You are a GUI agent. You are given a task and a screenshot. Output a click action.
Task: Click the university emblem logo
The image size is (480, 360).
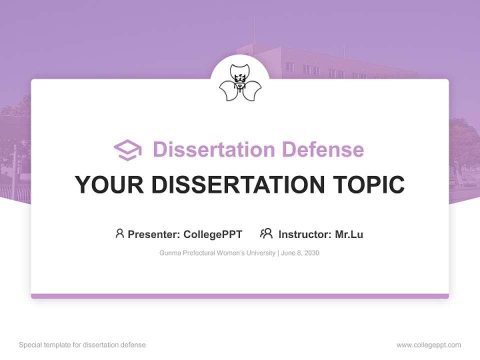240,83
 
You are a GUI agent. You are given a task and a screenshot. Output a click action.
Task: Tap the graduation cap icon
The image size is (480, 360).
127,150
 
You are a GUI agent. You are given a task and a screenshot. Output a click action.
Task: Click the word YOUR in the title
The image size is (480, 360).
108,185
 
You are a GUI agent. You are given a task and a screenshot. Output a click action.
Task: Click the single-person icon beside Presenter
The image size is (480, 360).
119,233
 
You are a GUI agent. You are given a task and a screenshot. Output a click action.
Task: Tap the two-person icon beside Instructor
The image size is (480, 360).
266,233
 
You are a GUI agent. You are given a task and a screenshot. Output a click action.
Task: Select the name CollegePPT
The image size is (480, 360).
213,234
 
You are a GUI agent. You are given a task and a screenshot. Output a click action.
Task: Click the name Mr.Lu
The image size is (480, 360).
349,234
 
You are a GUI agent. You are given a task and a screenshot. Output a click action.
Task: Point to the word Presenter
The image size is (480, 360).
154,234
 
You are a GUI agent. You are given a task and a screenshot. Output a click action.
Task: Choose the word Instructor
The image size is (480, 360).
304,234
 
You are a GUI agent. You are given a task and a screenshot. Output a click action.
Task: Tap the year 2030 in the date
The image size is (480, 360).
310,253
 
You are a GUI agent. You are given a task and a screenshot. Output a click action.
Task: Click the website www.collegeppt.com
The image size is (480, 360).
428,345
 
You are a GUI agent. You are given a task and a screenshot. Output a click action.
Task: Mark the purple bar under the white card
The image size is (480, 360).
240,296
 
